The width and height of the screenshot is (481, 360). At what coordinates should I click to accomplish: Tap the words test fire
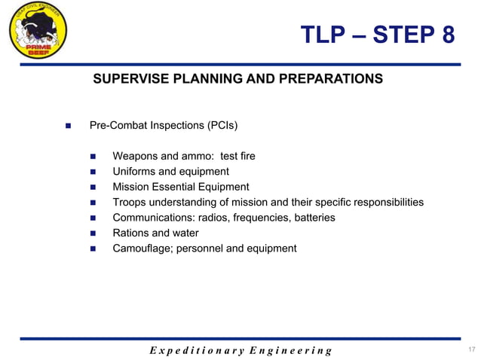click(x=237, y=157)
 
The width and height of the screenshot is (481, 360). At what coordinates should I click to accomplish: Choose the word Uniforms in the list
click(x=135, y=172)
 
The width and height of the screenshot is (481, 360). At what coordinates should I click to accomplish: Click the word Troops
click(x=130, y=203)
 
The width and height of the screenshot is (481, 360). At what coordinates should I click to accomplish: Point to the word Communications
click(x=153, y=218)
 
